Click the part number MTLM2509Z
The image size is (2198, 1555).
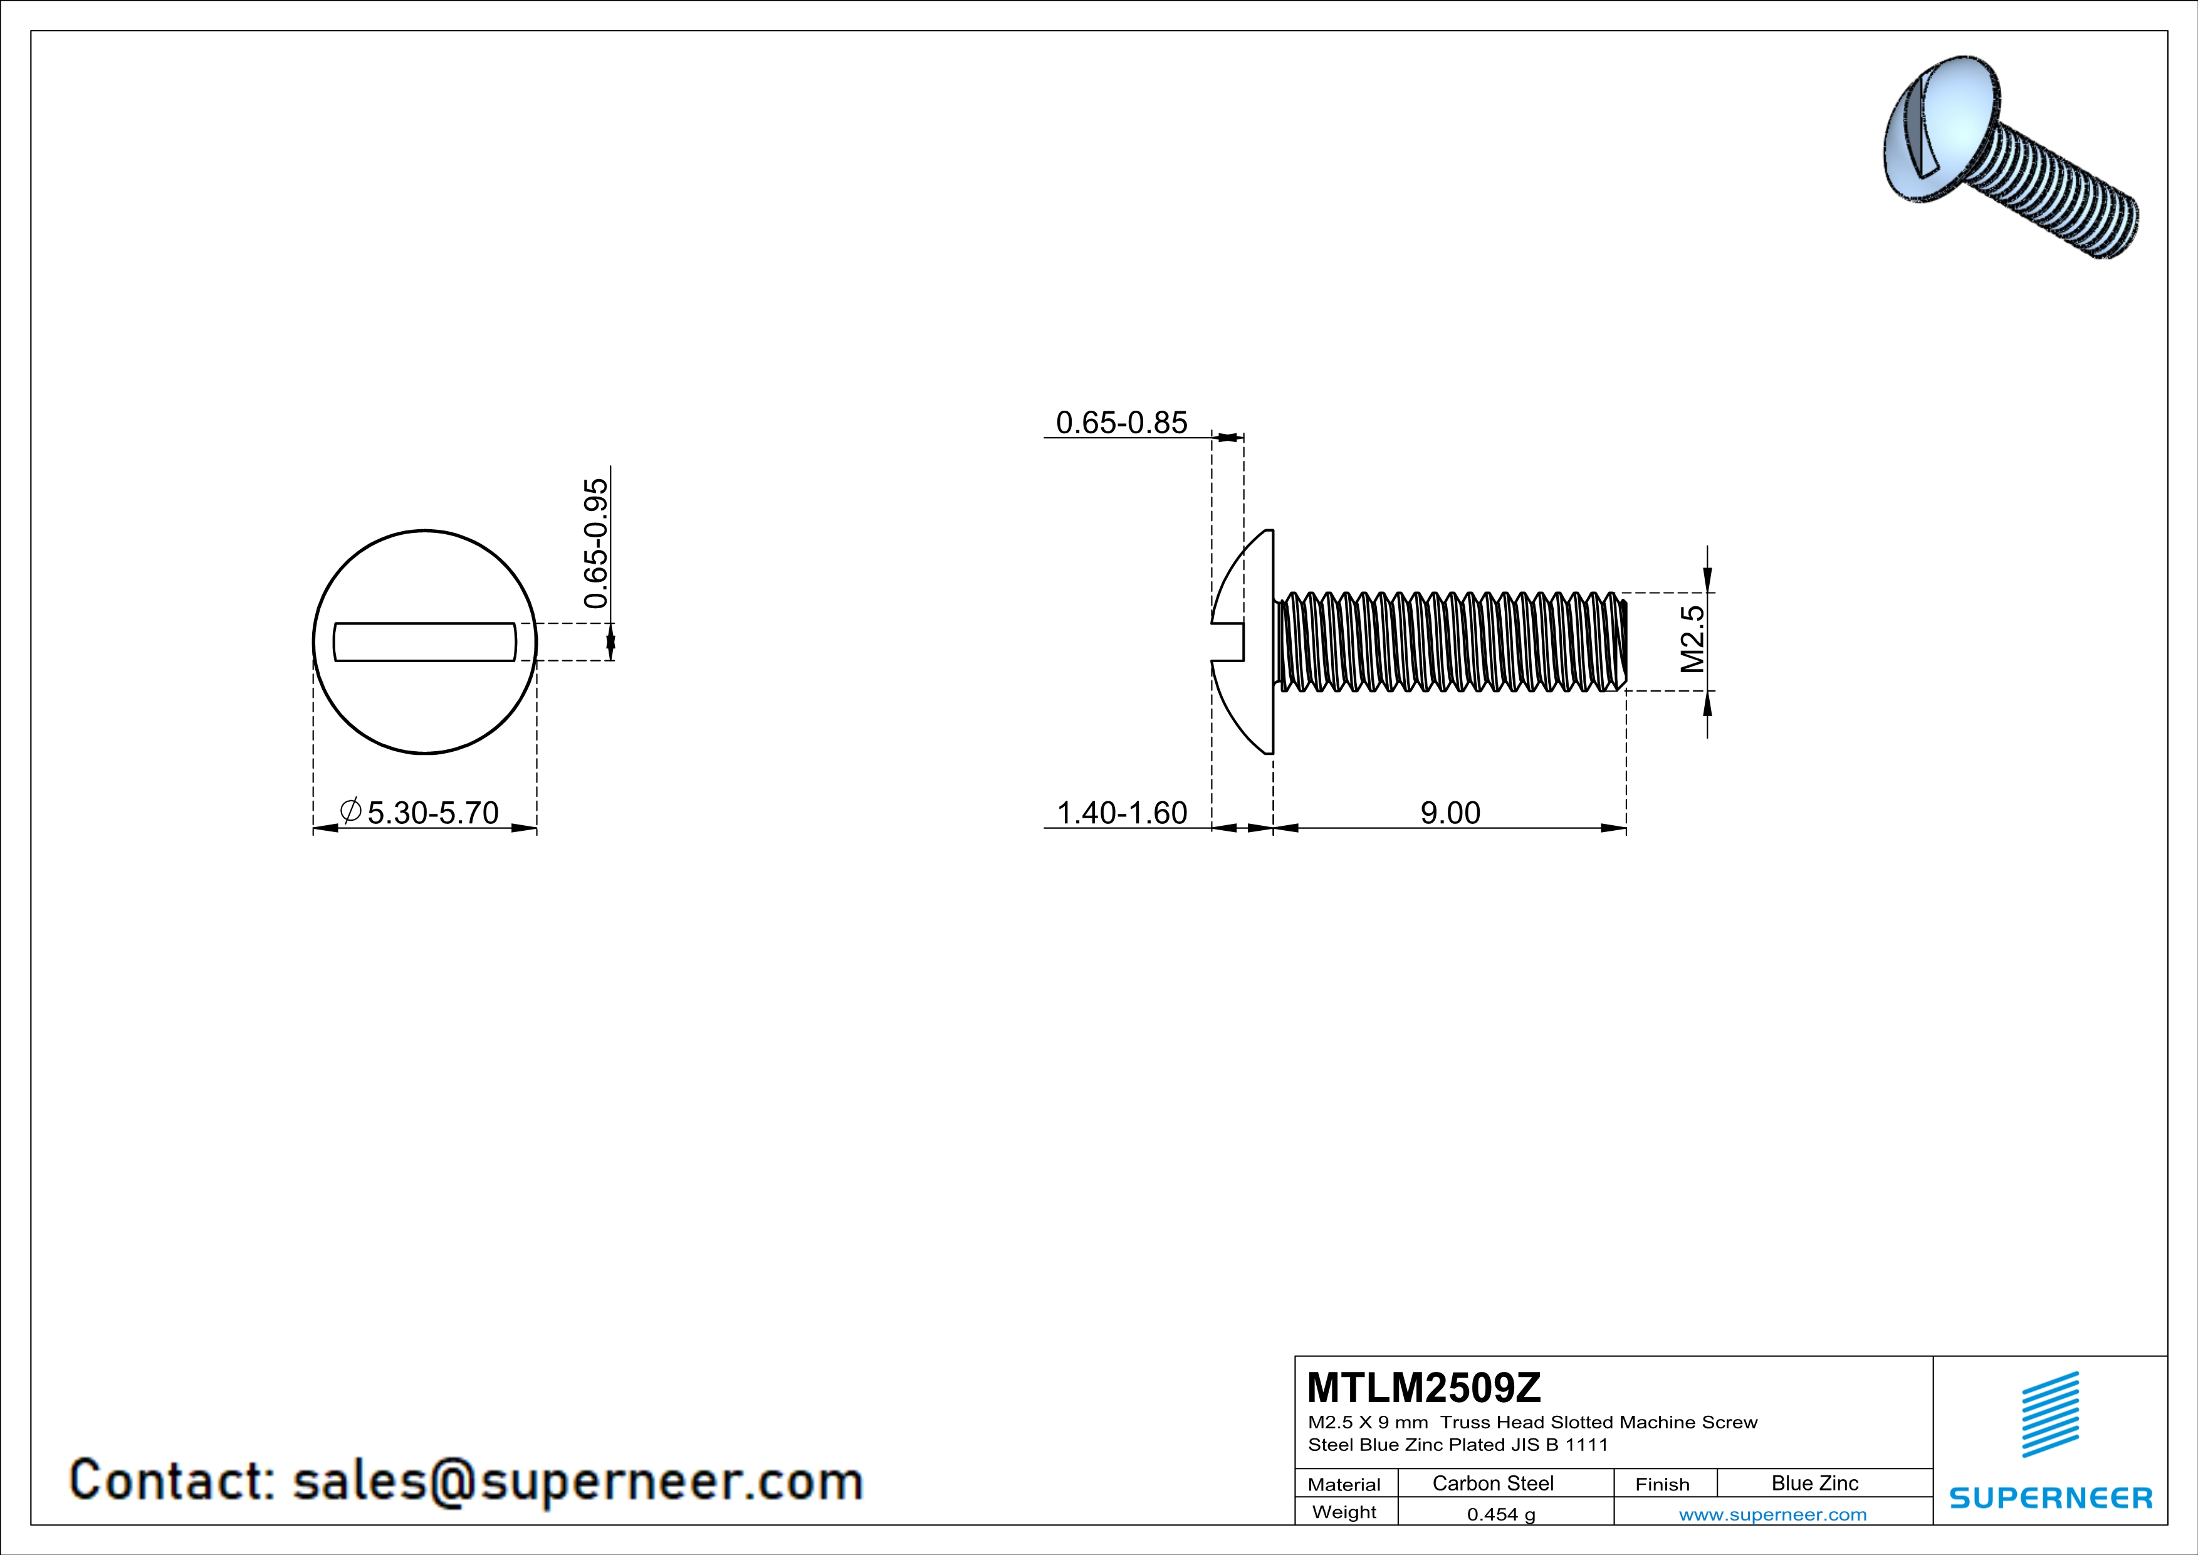click(x=1423, y=1388)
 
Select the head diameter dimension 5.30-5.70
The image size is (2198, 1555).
click(x=432, y=813)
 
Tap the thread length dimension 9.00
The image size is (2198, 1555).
click(x=1450, y=813)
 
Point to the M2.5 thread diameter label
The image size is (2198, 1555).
click(x=1693, y=639)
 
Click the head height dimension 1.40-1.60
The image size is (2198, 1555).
click(x=1121, y=813)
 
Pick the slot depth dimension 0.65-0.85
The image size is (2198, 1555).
click(x=1121, y=422)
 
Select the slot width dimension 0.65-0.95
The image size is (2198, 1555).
click(x=595, y=543)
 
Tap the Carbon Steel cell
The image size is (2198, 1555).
click(x=1492, y=1483)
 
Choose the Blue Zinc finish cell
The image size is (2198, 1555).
click(x=1814, y=1483)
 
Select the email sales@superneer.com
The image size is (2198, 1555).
click(x=577, y=1480)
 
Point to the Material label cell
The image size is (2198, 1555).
click(x=1344, y=1484)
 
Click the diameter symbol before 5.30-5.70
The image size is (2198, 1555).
click(x=350, y=811)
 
